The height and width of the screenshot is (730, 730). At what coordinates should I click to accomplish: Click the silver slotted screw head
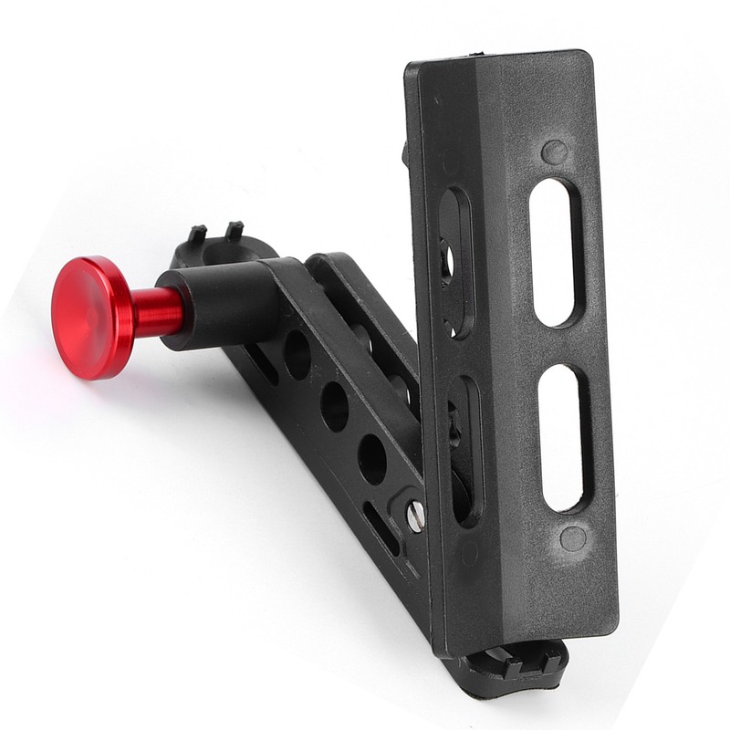pyautogui.click(x=415, y=515)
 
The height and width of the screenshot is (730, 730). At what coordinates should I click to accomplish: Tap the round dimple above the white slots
pyautogui.click(x=553, y=151)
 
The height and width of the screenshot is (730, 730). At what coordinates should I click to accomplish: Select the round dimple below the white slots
pyautogui.click(x=573, y=538)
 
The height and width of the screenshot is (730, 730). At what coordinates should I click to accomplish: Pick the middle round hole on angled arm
pyautogui.click(x=335, y=406)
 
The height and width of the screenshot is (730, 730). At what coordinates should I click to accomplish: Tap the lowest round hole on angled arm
pyautogui.click(x=371, y=459)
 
